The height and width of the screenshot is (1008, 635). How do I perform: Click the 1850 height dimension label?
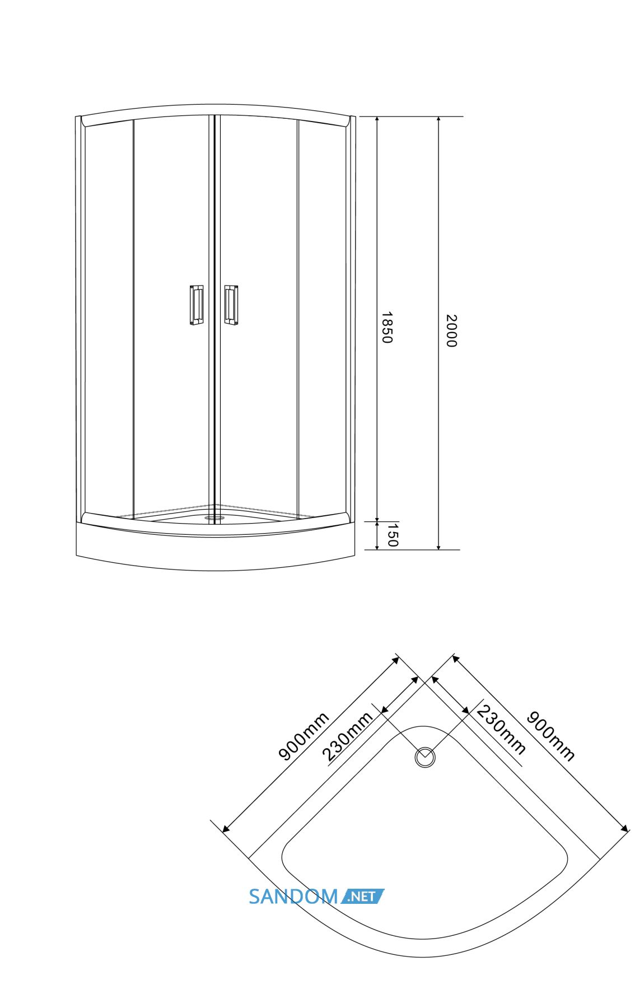(386, 328)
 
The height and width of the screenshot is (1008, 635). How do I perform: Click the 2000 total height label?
(451, 331)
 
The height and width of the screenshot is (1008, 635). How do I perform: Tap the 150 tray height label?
(393, 535)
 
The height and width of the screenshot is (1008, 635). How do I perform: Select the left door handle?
(196, 305)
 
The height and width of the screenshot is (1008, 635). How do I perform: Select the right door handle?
(231, 305)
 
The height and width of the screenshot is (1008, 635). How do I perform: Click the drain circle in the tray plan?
(425, 757)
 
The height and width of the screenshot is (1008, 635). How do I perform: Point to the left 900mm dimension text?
(304, 736)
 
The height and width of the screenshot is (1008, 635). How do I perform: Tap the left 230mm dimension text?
(347, 736)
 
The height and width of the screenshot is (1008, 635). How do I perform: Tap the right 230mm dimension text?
(501, 730)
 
